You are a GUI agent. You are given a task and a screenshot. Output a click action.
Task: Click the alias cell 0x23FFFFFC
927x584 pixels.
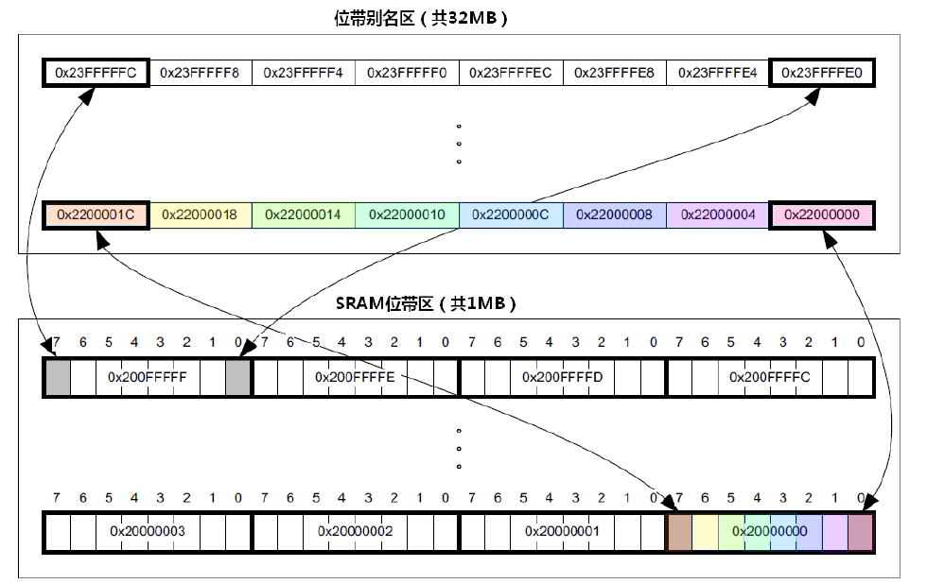coord(96,73)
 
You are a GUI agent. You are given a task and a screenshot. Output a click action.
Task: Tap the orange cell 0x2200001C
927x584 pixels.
coord(96,215)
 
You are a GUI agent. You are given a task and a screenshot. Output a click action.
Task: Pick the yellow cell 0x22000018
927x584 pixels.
coord(200,215)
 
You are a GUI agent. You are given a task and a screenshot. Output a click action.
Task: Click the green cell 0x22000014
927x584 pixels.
coord(303,215)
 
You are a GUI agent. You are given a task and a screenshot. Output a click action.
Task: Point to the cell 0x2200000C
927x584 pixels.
coord(511,215)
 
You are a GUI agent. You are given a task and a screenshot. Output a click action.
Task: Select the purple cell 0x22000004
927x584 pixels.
coord(718,215)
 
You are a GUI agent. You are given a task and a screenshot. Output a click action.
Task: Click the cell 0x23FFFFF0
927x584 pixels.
coord(407,73)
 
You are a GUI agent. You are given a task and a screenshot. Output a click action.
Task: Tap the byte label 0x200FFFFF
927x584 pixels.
coord(148,377)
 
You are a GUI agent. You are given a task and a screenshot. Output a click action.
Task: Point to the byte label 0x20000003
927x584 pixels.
coord(148,531)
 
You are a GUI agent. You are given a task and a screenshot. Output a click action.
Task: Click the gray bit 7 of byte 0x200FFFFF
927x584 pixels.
coord(58,377)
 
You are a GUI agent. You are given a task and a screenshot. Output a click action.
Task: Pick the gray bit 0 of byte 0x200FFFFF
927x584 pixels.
coord(237,377)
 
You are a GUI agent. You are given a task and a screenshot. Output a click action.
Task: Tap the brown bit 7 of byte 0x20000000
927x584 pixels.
coord(679,531)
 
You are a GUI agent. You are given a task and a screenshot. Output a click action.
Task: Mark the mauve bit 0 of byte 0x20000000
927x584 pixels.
coord(861,531)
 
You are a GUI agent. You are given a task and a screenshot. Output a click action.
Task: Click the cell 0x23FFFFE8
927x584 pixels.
coord(614,73)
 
